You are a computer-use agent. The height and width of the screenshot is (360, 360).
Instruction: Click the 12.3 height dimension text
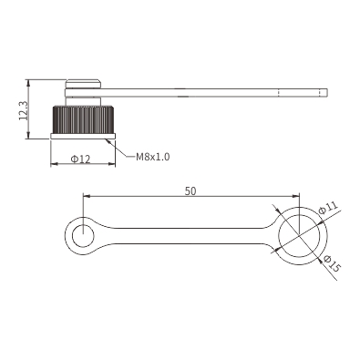tap(24, 110)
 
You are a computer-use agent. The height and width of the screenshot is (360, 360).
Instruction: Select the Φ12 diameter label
tap(80, 159)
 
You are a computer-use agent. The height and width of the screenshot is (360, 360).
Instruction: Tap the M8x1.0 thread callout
tap(152, 157)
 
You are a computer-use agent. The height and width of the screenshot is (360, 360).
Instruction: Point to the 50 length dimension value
tap(190, 191)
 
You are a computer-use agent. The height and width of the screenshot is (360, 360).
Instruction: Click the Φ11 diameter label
tap(328, 208)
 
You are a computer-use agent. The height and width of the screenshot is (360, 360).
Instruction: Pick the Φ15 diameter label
tap(332, 263)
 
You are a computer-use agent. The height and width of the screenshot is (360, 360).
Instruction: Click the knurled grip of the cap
tap(84, 119)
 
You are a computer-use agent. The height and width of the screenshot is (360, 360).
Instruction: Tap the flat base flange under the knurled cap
tap(83, 137)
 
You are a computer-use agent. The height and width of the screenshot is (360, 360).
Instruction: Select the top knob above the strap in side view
tap(83, 84)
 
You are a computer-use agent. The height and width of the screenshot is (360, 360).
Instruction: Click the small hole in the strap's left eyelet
tap(83, 236)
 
